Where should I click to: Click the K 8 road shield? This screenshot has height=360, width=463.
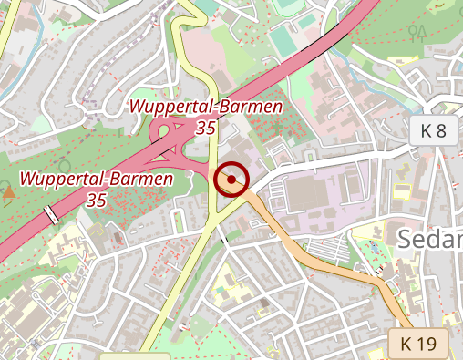tap(433, 130)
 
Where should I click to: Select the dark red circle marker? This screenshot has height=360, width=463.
tap(232, 180)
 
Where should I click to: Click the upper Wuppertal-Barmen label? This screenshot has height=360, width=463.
tap(206, 107)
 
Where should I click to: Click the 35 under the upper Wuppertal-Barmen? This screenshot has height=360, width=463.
tap(206, 128)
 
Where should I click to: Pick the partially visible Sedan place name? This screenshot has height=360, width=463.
tap(430, 240)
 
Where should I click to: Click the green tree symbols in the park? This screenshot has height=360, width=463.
tap(418, 32)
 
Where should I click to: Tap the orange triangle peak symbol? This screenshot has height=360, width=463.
tap(9, 192)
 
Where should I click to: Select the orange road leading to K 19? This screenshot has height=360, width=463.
tap(328, 264)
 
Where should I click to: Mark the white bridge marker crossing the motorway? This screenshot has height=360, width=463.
tap(52, 215)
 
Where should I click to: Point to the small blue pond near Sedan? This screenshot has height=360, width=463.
tap(374, 247)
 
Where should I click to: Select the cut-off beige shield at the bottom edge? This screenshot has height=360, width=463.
tap(135, 355)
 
